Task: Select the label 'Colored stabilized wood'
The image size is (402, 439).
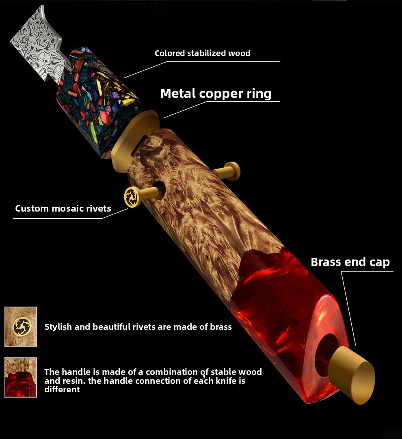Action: click(x=202, y=53)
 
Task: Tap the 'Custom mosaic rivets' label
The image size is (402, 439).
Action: click(x=63, y=209)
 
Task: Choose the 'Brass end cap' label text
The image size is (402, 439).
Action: click(x=350, y=262)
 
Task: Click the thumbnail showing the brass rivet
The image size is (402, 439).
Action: click(x=21, y=327)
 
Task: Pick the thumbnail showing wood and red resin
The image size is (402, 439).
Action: click(x=21, y=377)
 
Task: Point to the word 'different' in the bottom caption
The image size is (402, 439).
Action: click(x=62, y=389)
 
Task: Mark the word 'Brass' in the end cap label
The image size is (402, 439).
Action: click(x=325, y=262)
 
